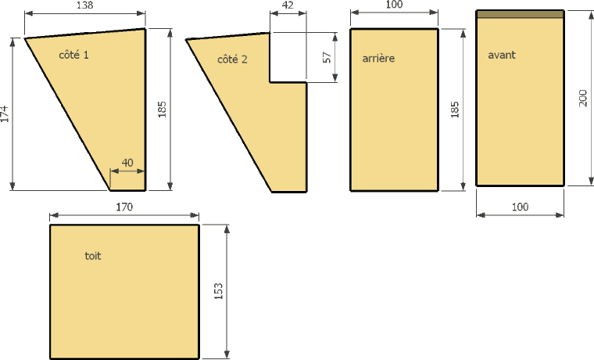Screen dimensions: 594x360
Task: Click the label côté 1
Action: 74,55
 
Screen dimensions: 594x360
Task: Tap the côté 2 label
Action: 232,59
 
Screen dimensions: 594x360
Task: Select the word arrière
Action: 378,58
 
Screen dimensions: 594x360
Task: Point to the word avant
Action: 502,55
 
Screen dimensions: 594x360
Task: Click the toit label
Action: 93,256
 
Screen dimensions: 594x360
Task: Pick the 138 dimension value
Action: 84,5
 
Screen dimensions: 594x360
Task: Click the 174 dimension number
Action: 5,113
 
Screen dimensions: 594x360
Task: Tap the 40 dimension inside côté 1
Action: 127,163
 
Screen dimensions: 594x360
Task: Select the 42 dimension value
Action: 288,5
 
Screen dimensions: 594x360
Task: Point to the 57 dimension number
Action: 327,57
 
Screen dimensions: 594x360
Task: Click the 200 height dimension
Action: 583,98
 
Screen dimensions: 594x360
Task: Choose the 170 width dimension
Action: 124,207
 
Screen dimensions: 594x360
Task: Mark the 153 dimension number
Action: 219,291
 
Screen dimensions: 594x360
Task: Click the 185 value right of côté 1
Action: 162,110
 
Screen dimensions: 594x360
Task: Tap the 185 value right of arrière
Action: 455,110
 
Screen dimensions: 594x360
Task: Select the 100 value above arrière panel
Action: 395,5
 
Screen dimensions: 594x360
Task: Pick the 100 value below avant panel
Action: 520,207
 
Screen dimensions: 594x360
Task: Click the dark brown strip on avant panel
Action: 520,14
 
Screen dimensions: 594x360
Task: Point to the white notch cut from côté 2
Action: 288,57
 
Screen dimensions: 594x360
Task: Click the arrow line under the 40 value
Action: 127,171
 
